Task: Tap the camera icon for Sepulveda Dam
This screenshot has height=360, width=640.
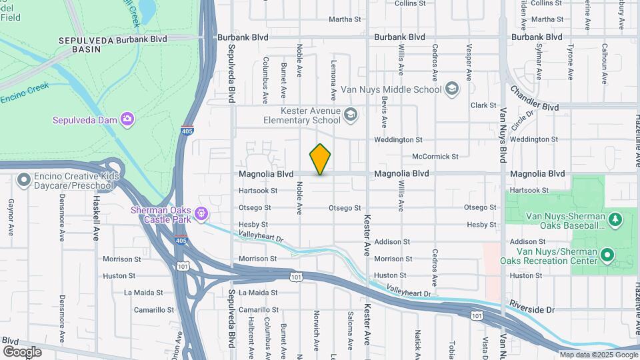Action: pos(127,119)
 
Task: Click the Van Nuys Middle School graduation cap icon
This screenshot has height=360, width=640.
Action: pos(452,89)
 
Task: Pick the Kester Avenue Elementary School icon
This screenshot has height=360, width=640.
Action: pos(351,116)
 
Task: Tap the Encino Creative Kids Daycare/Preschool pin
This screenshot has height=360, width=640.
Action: pos(25,180)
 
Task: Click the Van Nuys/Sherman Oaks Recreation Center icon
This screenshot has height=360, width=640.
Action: pos(607,255)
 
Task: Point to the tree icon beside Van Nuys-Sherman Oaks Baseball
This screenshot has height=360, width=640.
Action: pos(616,218)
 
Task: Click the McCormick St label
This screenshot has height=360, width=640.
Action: pos(435,157)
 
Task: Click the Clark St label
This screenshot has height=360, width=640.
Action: pos(483,105)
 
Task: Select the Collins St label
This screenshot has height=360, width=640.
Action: pos(410,3)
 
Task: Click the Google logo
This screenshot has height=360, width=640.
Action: pos(22,351)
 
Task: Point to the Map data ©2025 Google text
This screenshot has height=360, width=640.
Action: pos(599,355)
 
